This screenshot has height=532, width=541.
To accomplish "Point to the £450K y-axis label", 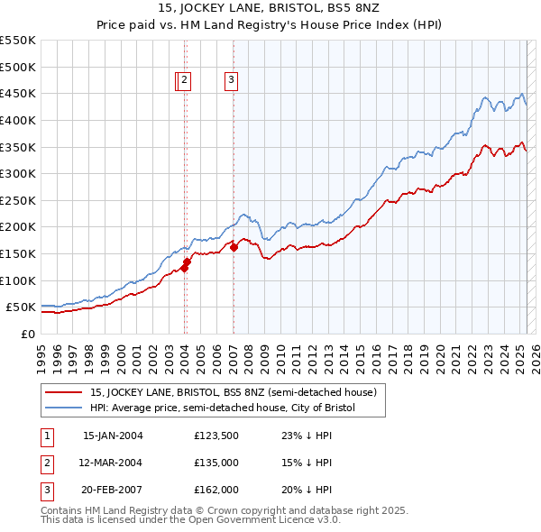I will pyautogui.click(x=17, y=93).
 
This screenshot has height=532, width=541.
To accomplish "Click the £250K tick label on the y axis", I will pyautogui.click(x=17, y=200).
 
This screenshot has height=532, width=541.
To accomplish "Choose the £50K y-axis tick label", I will pyautogui.click(x=21, y=307).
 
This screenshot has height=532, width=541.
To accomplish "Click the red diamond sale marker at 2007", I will pyautogui.click(x=234, y=246).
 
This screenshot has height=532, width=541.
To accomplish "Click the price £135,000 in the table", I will pyautogui.click(x=216, y=463).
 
